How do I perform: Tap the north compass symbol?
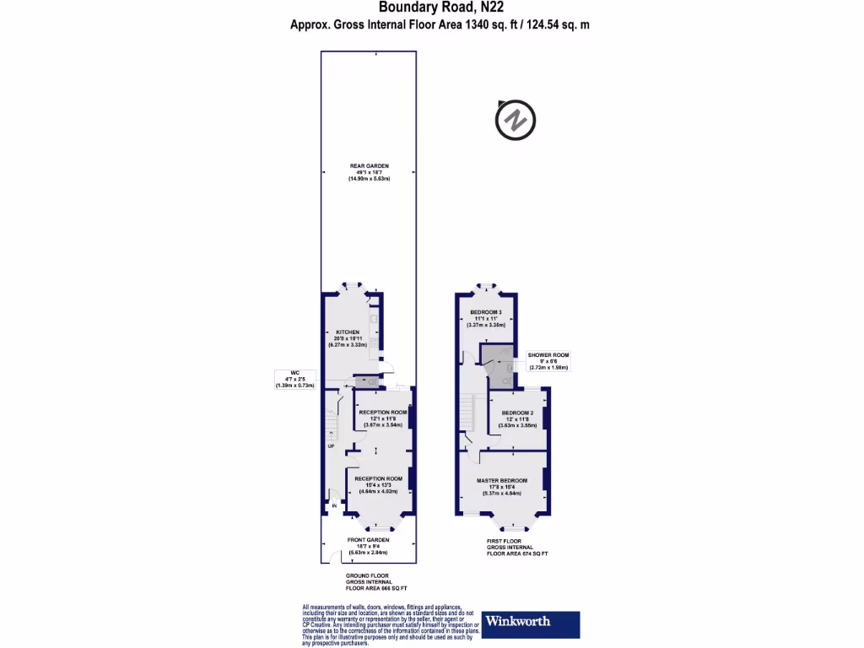tap(515, 121)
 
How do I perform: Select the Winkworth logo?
tap(531, 622)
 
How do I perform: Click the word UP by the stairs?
tap(331, 446)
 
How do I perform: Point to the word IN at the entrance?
tap(334, 506)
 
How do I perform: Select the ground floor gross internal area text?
tap(370, 582)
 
